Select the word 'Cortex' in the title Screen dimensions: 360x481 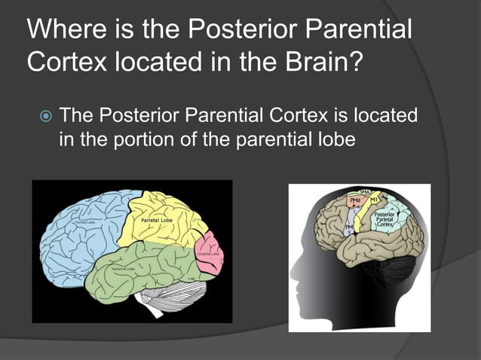[64, 62]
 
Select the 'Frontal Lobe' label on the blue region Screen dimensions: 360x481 [83, 223]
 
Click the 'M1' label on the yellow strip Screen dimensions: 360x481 [375, 200]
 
